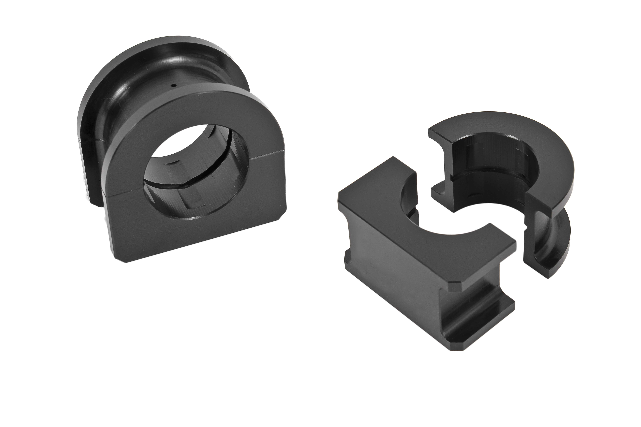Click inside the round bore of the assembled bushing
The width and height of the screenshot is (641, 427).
tap(191, 174)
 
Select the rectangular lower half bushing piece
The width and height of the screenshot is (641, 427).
tap(425, 261)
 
